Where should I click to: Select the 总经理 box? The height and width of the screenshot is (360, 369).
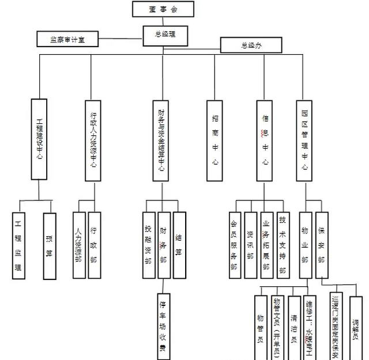click(165, 34)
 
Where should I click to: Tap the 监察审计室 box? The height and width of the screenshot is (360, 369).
click(67, 39)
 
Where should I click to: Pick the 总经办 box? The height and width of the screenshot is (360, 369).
click(251, 46)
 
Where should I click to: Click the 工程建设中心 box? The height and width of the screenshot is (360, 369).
click(39, 140)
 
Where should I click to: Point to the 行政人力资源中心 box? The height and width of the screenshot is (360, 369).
click(93, 140)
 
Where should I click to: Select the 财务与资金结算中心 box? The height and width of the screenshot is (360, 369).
click(161, 140)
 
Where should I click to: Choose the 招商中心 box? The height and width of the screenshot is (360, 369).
click(214, 140)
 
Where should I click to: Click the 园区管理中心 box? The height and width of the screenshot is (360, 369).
click(305, 140)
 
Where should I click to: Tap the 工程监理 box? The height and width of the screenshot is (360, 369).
click(19, 245)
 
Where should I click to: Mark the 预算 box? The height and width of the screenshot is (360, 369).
click(50, 245)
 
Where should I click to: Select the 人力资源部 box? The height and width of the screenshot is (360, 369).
click(79, 245)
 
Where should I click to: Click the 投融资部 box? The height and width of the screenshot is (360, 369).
click(149, 245)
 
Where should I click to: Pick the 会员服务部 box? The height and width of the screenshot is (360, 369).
click(234, 245)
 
